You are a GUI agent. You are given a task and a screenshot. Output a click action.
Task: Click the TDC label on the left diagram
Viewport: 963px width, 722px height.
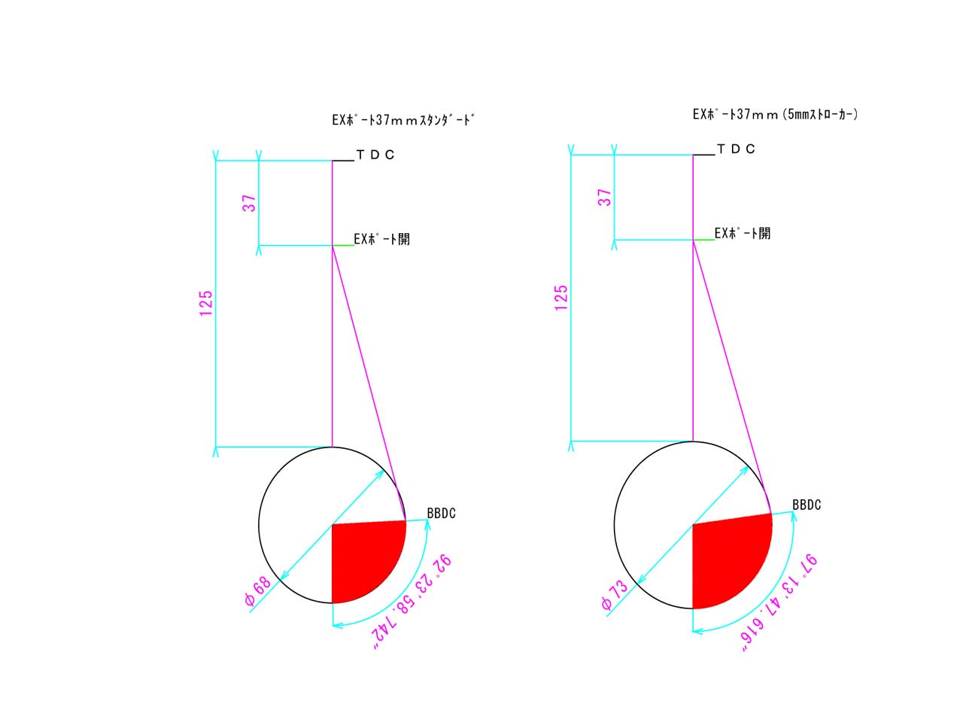375,154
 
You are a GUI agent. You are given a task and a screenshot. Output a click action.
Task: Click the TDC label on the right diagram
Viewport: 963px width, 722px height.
736,149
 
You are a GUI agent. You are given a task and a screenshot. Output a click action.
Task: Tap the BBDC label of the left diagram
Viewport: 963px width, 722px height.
441,513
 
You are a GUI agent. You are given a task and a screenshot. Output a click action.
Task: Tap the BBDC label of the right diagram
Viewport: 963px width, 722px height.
807,505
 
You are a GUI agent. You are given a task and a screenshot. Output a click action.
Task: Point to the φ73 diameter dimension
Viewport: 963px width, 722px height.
615,595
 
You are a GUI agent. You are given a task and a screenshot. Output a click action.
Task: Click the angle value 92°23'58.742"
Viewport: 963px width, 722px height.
412,602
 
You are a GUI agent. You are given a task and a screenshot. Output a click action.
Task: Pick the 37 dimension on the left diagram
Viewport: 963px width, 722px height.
249,203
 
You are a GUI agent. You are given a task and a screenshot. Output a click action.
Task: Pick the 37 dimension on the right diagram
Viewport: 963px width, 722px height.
605,197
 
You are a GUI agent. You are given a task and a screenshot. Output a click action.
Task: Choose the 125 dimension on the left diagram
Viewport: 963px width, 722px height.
205,303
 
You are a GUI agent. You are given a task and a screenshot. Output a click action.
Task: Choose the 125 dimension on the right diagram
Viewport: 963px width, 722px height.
561,298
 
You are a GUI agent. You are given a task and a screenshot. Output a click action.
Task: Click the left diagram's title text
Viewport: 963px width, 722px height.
403,120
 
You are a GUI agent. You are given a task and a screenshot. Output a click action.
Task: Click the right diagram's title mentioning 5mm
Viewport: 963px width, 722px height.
775,114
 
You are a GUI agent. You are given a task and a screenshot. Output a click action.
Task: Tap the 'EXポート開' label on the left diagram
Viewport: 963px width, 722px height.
381,239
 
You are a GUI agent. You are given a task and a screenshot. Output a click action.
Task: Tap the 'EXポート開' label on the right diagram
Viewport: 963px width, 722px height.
743,233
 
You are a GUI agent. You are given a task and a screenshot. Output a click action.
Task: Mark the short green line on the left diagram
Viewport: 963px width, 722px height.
343,245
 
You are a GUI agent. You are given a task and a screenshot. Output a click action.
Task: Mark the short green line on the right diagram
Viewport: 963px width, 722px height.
703,240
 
